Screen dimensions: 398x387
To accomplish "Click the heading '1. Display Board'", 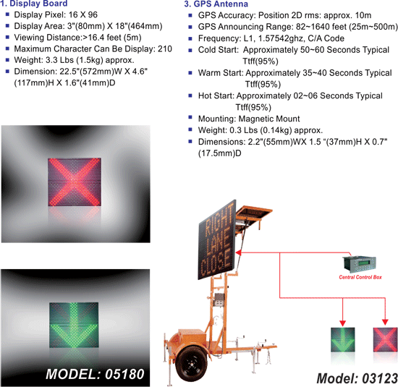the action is [x=34, y=4].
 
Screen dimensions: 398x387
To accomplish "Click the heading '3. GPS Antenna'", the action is [x=216, y=4].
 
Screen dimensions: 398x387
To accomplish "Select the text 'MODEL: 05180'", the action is [x=95, y=374].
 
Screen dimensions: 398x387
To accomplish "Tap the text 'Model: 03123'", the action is [x=357, y=378].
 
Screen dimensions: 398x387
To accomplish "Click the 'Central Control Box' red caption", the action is [x=360, y=277].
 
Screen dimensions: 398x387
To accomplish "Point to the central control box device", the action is [x=360, y=264].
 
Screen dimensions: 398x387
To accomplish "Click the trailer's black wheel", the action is [x=191, y=364].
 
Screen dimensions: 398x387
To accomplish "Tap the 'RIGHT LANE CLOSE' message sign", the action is [x=217, y=240].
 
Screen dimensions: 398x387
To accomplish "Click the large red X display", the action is [x=75, y=182].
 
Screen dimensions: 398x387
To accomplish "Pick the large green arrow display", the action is [x=74, y=325].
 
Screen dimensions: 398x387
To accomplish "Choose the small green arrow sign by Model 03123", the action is [x=343, y=339].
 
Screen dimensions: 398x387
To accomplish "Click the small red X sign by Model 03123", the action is [x=385, y=339].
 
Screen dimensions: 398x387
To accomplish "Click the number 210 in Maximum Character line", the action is [x=165, y=48].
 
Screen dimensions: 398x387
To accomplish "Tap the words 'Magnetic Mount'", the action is [x=269, y=119].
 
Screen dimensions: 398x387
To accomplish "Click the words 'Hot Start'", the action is [x=216, y=95].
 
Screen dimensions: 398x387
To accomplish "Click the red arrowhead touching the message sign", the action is [x=238, y=252].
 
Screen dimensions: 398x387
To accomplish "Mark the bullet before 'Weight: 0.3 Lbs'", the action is [x=190, y=129].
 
